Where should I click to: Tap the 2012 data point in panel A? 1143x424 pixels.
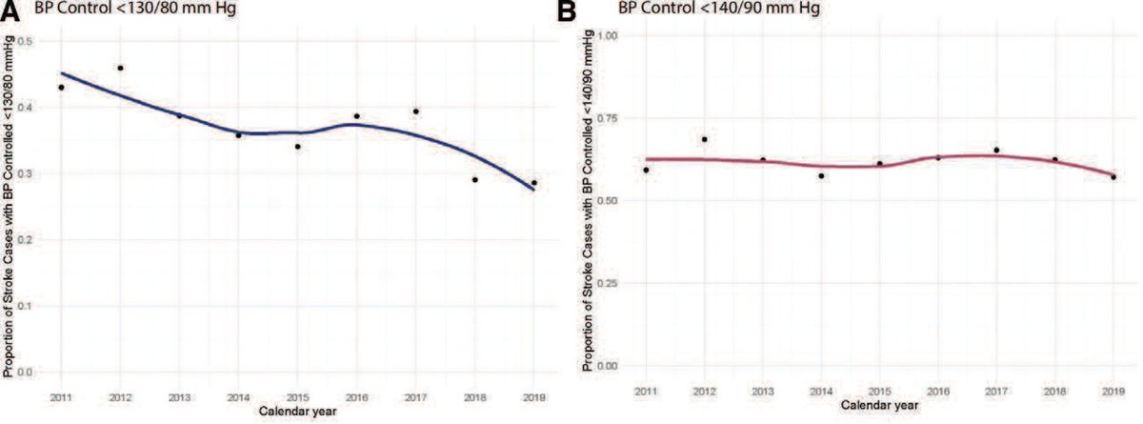click(120, 68)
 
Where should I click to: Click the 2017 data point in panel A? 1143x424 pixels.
click(415, 111)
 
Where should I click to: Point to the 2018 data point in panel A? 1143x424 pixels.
click(474, 179)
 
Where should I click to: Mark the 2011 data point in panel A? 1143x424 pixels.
click(61, 88)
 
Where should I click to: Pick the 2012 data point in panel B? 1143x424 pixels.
click(704, 139)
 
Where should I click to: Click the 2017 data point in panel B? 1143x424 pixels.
click(996, 150)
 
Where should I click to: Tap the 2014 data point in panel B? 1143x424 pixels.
click(821, 175)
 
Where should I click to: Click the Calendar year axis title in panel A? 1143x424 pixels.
click(297, 411)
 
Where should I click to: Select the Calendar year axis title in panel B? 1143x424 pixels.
click(880, 407)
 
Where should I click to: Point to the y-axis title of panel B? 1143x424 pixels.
click(588, 200)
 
